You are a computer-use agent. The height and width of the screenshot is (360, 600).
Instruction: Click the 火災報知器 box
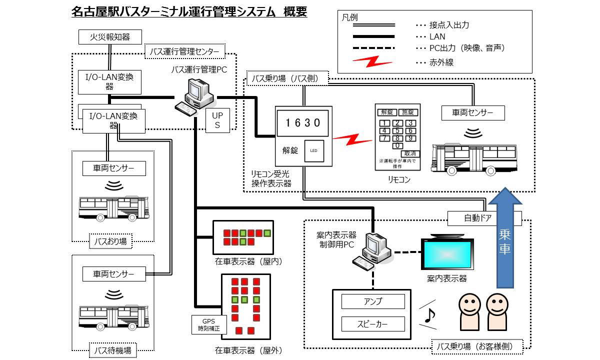click(110, 37)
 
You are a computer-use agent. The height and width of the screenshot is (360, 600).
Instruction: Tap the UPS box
click(217, 120)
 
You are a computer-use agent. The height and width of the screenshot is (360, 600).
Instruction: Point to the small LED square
click(313, 150)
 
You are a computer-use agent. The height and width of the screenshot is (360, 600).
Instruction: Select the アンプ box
click(373, 301)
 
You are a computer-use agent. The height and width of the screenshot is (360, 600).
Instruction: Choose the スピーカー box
click(373, 324)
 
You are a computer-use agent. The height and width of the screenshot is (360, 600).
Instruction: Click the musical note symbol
click(429, 315)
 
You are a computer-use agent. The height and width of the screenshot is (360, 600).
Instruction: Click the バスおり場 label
click(111, 242)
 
